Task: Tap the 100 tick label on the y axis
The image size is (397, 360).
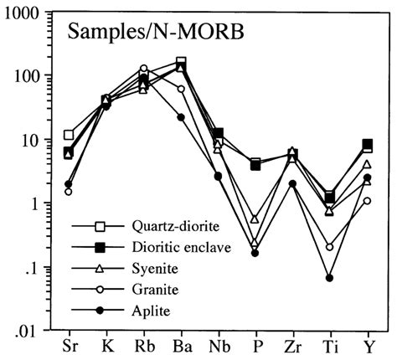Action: pyautogui.click(x=29, y=75)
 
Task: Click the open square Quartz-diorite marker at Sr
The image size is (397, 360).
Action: pyautogui.click(x=70, y=135)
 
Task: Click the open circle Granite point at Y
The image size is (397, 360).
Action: pyautogui.click(x=367, y=201)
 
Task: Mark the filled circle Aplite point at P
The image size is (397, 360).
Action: pyautogui.click(x=255, y=253)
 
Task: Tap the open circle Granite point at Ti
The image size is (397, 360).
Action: pyautogui.click(x=329, y=247)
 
